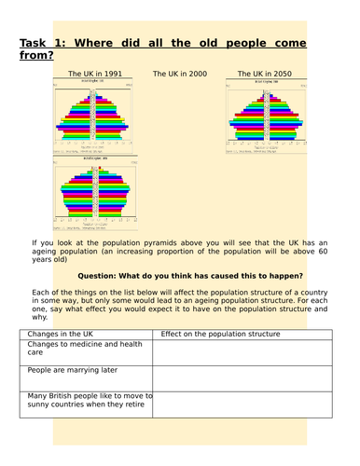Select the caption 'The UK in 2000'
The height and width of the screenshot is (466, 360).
pos(180,74)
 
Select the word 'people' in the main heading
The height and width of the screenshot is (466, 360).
pos(239,41)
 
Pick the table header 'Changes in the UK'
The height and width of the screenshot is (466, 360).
pos(66,333)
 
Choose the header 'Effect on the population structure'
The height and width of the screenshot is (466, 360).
pos(216,333)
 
